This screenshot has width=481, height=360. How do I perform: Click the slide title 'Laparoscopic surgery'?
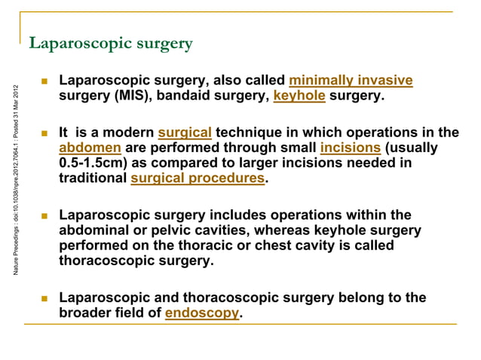[x=110, y=44]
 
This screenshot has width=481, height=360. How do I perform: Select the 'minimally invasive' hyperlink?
[x=351, y=81]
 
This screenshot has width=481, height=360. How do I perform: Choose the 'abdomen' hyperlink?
[x=90, y=148]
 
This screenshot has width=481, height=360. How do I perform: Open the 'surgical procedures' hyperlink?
[x=198, y=179]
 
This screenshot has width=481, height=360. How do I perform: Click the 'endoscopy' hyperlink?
[x=201, y=313]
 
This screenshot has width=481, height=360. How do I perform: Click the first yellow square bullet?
[x=45, y=80]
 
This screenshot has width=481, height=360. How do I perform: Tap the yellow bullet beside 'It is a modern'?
[x=45, y=132]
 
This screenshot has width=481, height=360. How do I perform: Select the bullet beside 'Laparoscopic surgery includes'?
[x=45, y=215]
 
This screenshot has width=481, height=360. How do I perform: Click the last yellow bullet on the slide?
[x=45, y=297]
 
